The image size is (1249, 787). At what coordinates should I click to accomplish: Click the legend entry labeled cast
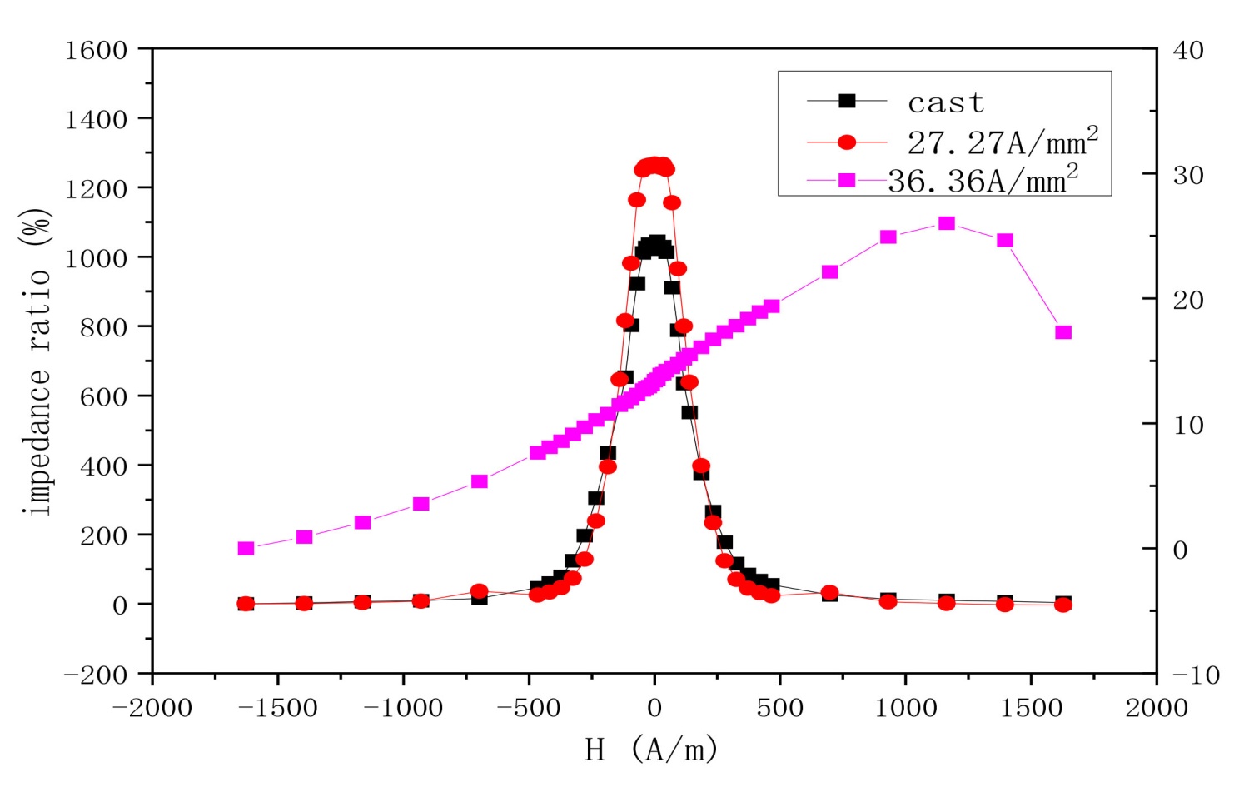click(945, 102)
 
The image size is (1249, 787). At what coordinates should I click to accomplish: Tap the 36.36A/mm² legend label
click(983, 180)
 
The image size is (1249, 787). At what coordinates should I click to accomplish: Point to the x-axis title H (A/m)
click(651, 750)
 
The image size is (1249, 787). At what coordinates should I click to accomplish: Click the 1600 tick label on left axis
click(97, 50)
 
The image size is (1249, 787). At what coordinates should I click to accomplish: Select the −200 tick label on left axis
click(97, 674)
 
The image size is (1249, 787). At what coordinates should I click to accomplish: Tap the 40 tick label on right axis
click(1188, 50)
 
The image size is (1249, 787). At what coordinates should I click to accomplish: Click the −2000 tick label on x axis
click(152, 709)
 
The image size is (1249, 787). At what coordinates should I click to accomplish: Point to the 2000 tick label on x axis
click(1157, 709)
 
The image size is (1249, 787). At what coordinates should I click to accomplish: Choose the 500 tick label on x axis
click(780, 709)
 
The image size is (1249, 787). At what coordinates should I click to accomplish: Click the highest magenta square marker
click(947, 223)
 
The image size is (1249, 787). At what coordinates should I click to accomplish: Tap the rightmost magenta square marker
click(1063, 332)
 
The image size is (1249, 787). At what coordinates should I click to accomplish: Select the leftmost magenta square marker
click(246, 548)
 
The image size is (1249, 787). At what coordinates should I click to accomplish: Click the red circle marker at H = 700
click(829, 593)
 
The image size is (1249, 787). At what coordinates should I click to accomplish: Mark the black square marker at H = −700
click(479, 597)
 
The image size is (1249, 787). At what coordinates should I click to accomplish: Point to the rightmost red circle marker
click(1063, 605)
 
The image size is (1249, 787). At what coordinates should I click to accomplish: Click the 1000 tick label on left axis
click(97, 257)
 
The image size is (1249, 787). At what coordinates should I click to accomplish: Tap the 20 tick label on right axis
click(1188, 299)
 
